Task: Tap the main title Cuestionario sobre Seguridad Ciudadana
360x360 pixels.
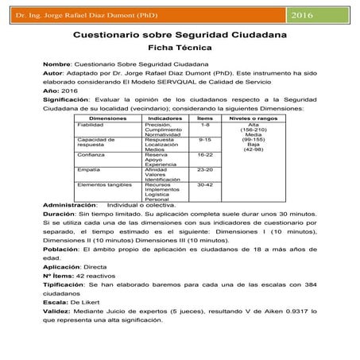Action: pos(179,35)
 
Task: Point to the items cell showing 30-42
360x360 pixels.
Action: pos(205,184)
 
